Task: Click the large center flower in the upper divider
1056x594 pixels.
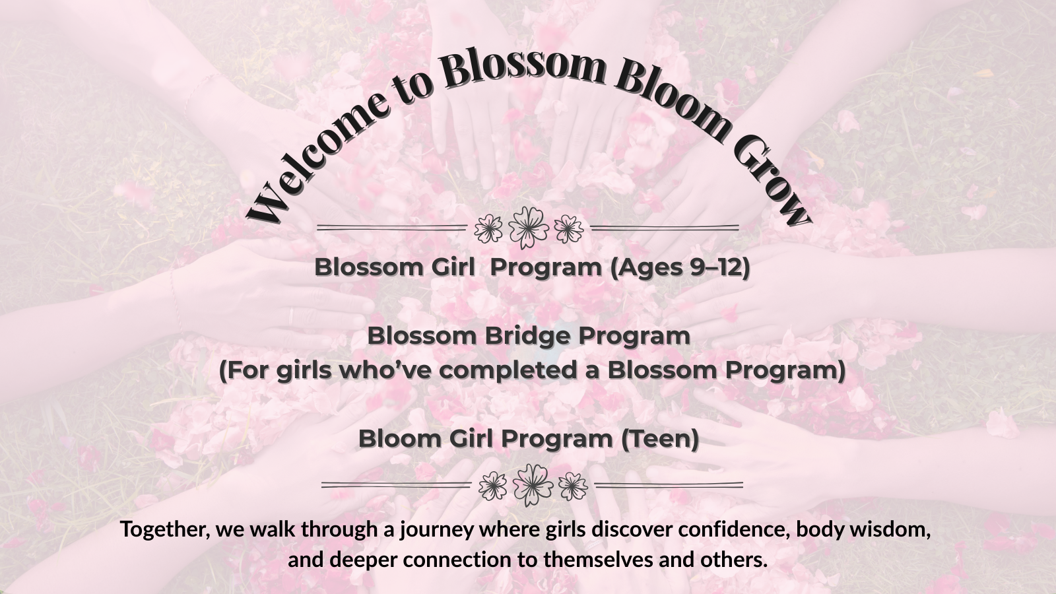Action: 529,228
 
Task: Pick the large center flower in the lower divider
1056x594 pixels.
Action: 533,485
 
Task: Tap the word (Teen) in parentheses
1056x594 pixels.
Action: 659,438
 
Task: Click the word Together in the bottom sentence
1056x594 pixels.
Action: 165,530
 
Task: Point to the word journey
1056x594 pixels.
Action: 437,531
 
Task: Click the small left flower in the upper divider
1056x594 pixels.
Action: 488,228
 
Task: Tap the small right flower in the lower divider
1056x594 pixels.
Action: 573,486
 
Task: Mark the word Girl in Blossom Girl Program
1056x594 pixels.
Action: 453,267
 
